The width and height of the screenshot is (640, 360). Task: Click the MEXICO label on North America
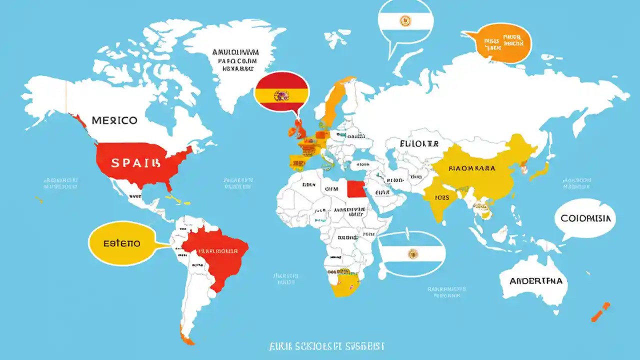click(x=114, y=121)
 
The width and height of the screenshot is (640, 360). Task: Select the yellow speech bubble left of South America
click(x=121, y=243)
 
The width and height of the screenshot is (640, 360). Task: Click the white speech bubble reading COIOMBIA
click(x=585, y=219)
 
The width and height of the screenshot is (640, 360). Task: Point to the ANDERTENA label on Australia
click(x=535, y=281)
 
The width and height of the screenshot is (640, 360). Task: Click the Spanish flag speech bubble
click(x=281, y=92)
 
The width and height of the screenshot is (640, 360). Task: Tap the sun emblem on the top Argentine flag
click(x=405, y=21)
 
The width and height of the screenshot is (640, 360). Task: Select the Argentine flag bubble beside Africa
click(x=411, y=254)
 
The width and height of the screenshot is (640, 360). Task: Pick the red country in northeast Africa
click(x=355, y=189)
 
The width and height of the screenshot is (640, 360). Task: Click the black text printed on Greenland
click(x=235, y=60)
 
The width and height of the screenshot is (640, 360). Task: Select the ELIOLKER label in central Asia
click(x=419, y=143)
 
